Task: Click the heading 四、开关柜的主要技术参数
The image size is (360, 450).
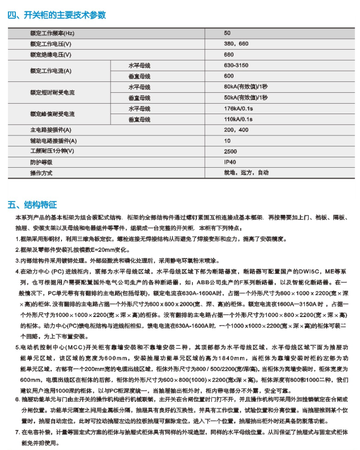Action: (57, 15)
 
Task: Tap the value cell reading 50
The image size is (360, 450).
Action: (227, 33)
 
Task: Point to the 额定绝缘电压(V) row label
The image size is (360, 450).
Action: (51, 55)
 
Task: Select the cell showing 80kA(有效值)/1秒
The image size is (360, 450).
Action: (245, 87)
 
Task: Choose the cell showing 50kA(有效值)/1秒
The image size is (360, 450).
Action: (245, 98)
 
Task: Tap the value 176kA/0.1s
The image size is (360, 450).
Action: (239, 108)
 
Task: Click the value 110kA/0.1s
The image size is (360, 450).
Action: (239, 119)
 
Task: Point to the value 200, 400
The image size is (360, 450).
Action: (236, 130)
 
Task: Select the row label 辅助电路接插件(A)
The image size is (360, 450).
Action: (51, 141)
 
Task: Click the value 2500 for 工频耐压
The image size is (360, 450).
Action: (230, 151)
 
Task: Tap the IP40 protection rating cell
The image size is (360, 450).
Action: (230, 162)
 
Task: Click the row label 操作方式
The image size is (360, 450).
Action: (41, 173)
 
